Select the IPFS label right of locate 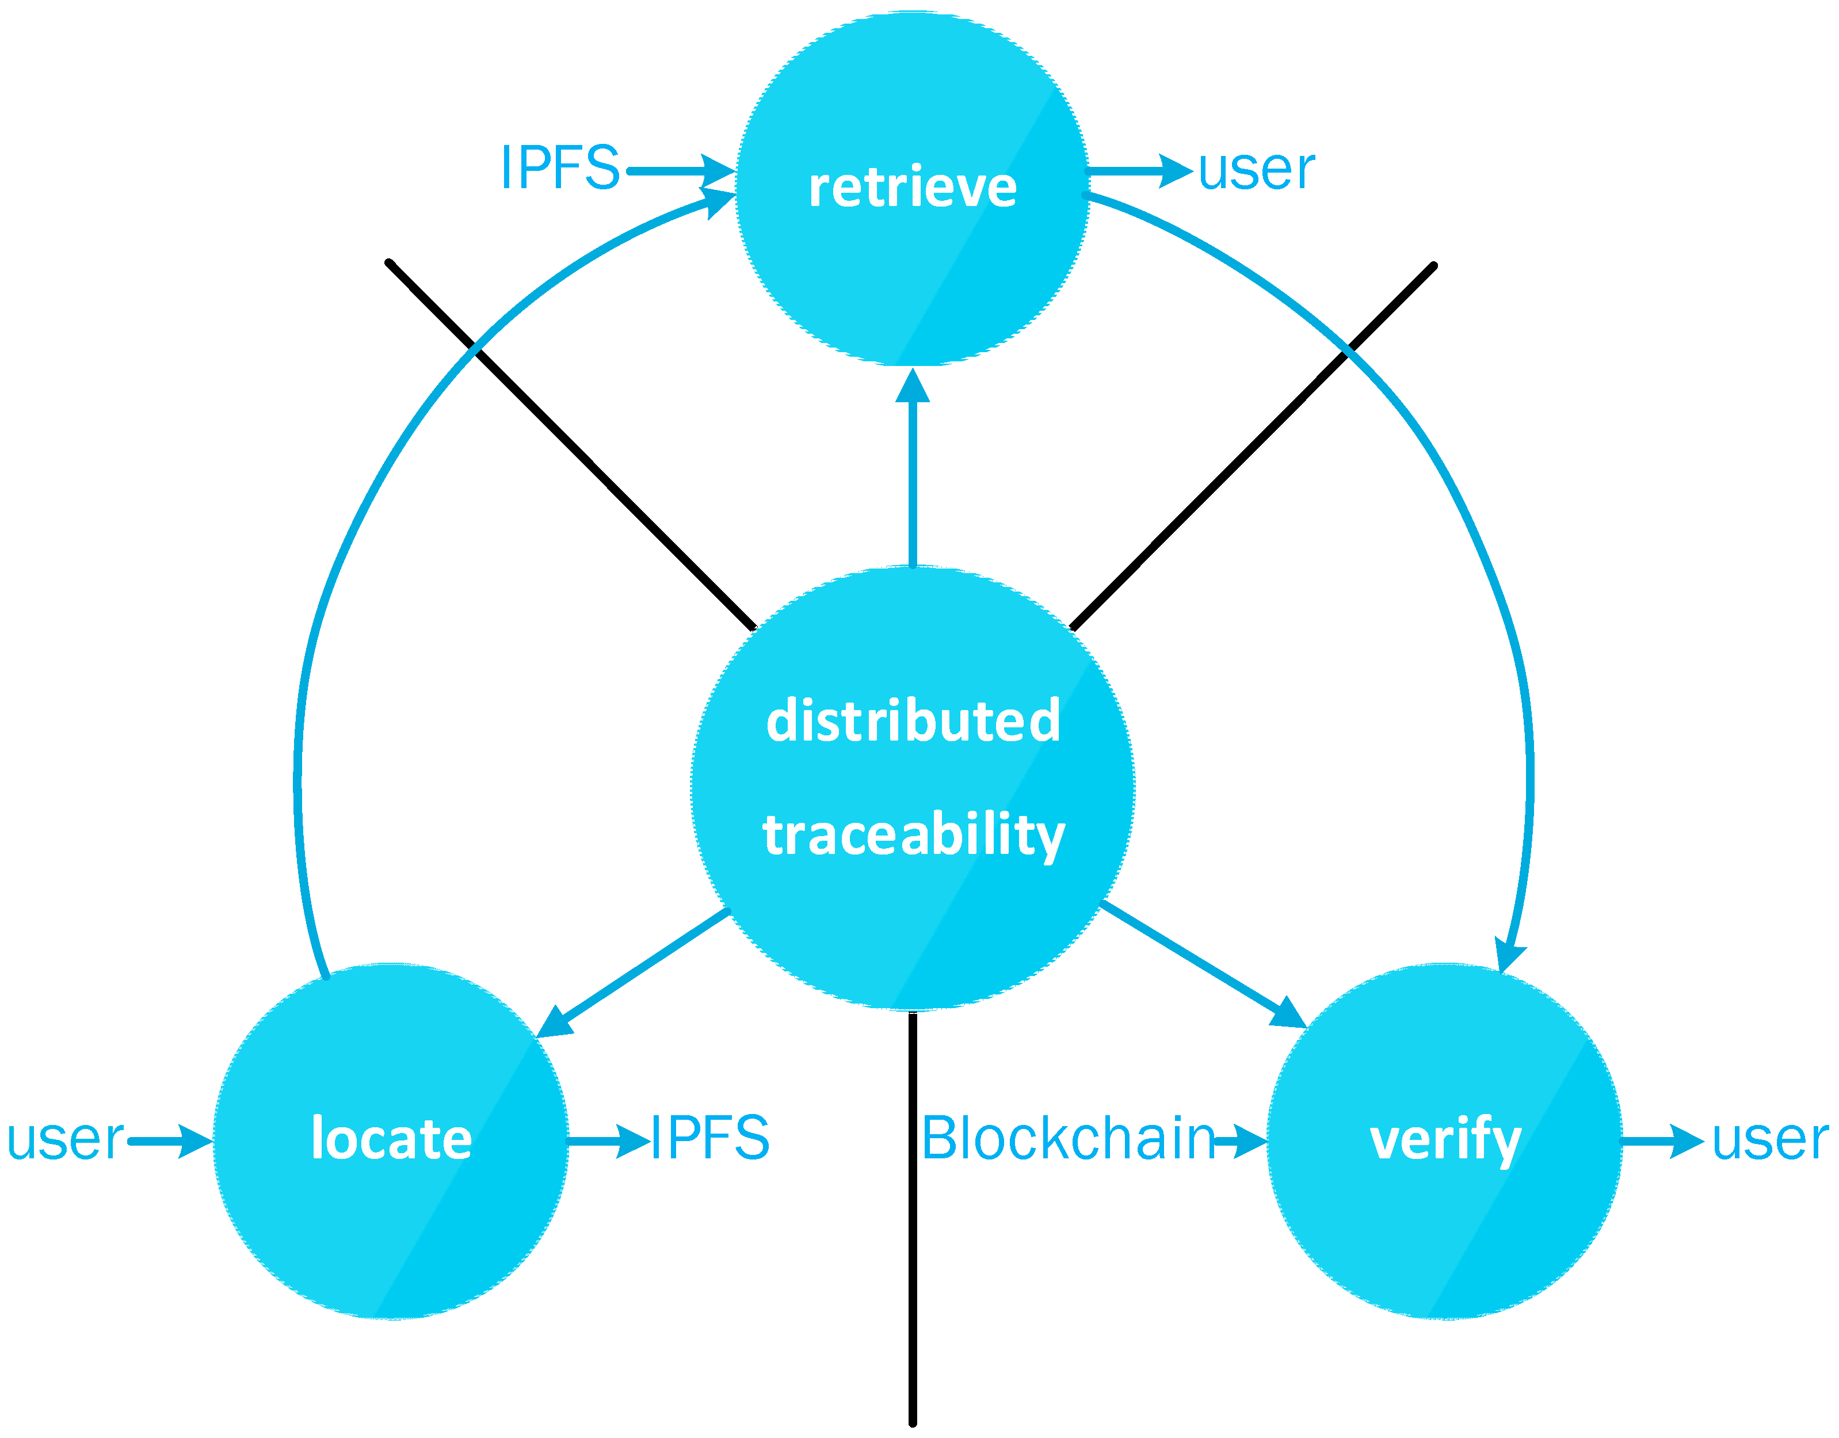click(710, 1138)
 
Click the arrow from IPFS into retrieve click(680, 171)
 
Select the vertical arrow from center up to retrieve click(913, 471)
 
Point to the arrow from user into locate click(169, 1142)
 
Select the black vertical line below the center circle click(913, 1221)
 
